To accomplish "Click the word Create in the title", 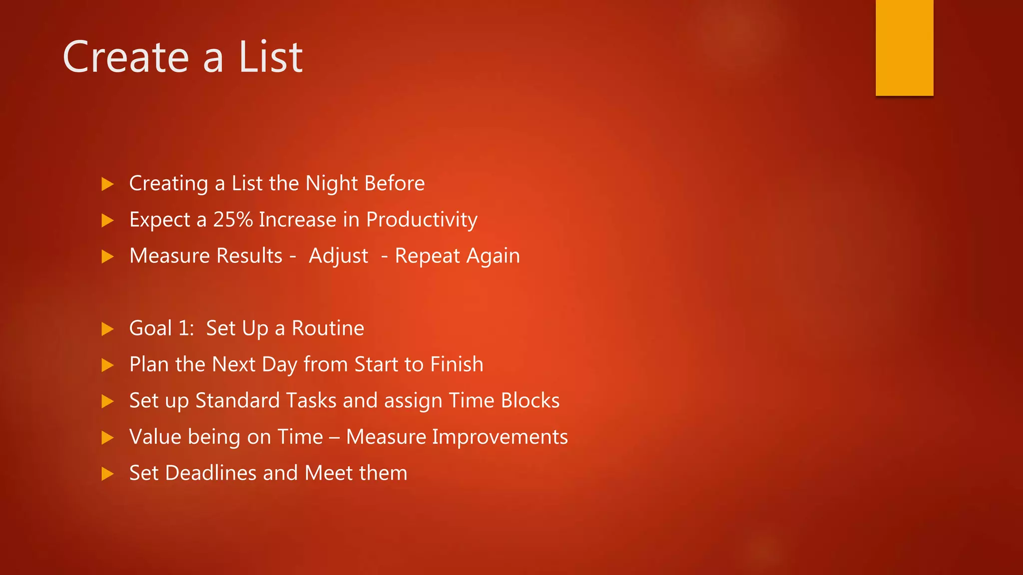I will click(125, 57).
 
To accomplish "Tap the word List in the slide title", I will click(270, 57).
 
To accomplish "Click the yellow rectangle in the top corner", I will click(904, 47).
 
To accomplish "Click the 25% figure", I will click(233, 220).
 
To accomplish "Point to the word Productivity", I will click(422, 220).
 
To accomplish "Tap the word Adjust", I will click(338, 256).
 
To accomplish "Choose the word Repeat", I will click(427, 256).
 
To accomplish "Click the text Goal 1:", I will click(161, 328).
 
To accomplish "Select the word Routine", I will click(328, 328).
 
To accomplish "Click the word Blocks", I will click(530, 401).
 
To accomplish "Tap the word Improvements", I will click(500, 437).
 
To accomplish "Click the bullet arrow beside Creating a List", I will click(107, 184).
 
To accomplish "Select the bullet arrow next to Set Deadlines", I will click(107, 474).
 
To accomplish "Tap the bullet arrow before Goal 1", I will click(107, 329).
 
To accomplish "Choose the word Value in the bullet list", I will click(155, 437).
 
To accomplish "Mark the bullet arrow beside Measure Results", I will click(107, 257).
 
